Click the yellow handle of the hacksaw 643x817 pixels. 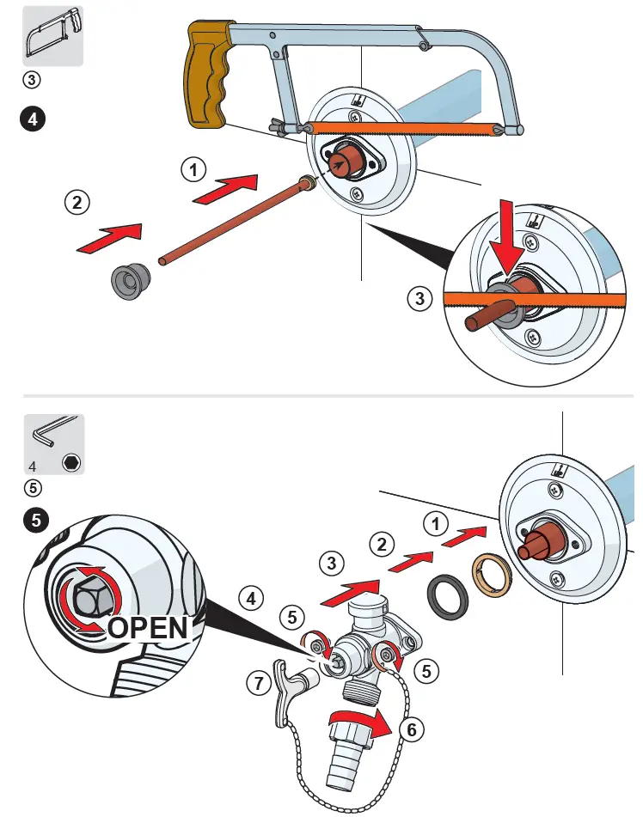point(206,78)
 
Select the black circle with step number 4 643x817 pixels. point(32,119)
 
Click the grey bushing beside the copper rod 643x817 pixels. point(130,281)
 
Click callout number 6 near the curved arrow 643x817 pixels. point(413,729)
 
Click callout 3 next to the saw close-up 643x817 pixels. point(419,298)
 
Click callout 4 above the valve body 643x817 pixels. point(250,598)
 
